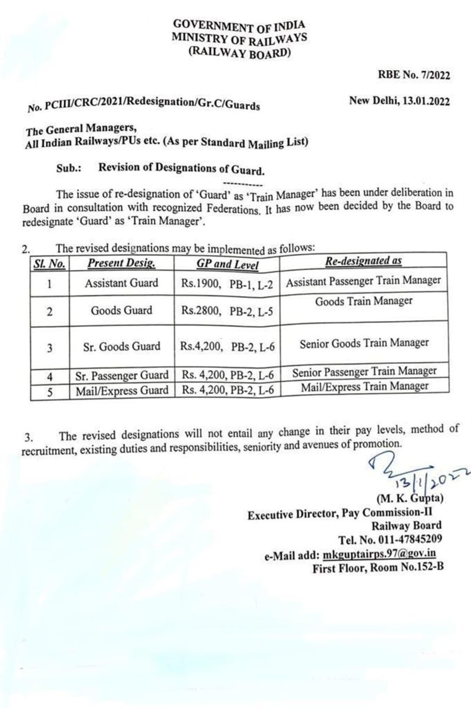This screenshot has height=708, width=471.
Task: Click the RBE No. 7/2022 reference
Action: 414,75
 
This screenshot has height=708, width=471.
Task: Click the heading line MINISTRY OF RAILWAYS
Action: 239,39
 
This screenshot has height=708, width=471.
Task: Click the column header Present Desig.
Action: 121,263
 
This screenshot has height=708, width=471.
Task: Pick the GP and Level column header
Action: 227,264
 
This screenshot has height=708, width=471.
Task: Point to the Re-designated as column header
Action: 363,261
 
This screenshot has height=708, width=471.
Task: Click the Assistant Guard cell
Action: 121,283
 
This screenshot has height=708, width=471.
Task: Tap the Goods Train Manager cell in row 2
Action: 364,301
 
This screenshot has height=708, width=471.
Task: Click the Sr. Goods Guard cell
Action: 121,347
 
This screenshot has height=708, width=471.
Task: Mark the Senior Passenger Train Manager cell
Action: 364,372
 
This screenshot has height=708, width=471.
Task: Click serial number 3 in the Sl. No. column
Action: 50,348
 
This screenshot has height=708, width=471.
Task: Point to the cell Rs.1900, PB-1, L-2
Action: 227,284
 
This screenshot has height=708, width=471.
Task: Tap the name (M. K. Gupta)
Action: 410,498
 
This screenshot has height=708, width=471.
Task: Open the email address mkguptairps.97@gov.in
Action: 379,554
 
